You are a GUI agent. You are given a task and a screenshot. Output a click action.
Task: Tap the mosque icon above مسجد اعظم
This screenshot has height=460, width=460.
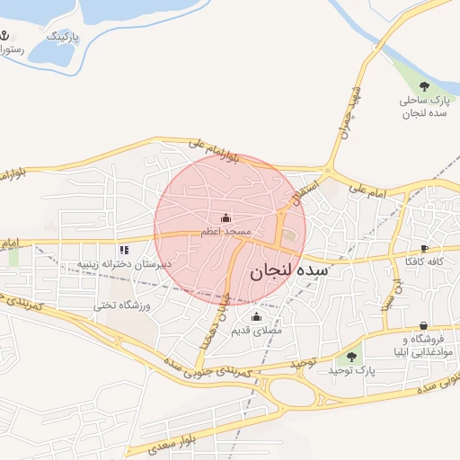(x=225, y=217)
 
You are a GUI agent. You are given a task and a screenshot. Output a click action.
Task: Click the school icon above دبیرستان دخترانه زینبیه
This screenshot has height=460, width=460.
(x=123, y=249)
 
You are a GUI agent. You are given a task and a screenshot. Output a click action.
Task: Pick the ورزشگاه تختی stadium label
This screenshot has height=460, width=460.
(x=123, y=305)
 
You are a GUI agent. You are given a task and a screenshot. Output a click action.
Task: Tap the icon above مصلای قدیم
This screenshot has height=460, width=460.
(x=256, y=317)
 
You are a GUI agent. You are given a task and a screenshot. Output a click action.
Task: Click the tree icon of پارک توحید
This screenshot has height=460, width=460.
(x=351, y=357)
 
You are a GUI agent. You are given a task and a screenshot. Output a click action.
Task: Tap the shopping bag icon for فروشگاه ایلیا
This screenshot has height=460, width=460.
(x=423, y=326)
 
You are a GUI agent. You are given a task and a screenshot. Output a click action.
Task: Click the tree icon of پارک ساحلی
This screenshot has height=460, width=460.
(x=423, y=88)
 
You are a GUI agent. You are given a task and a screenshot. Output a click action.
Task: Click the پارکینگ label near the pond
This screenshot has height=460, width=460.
(x=64, y=38)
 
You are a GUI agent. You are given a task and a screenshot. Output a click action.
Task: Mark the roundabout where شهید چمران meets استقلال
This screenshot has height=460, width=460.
(x=328, y=171)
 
